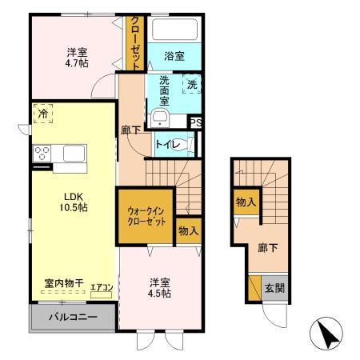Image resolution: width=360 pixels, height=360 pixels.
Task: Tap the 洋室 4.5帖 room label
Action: [x=158, y=287]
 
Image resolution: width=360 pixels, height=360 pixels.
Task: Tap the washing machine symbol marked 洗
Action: [x=192, y=83]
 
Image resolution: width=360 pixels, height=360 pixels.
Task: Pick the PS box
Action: [x=194, y=122]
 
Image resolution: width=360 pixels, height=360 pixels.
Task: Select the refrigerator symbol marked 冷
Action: [x=42, y=114]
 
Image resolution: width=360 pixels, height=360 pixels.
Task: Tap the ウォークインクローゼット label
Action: [x=146, y=216]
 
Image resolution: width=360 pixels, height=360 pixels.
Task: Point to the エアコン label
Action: [x=102, y=288]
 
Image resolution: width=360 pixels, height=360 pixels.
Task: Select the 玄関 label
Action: [x=274, y=289]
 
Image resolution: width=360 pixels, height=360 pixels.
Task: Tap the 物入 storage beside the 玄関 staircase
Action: [x=245, y=203]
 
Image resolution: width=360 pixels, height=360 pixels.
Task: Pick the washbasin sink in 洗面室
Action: [x=159, y=119]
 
